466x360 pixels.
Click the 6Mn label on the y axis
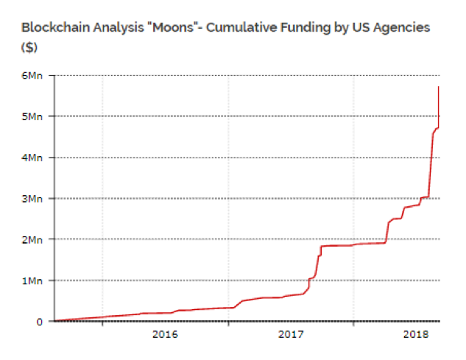pos(32,76)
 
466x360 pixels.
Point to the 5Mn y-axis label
pos(32,116)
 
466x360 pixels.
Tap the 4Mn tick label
pos(32,158)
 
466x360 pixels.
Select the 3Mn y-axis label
pos(32,199)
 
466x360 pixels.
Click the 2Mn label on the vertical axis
pos(32,239)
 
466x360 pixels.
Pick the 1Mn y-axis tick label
pos(32,280)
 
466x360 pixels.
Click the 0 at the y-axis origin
pos(40,322)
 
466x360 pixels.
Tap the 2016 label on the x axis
pos(165,334)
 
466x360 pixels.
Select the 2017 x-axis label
pos(291,334)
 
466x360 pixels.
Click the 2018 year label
pos(416,334)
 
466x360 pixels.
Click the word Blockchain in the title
pos(55,27)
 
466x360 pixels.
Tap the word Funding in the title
pos(306,28)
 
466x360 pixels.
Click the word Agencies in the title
pos(402,28)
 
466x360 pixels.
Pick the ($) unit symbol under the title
pos(29,47)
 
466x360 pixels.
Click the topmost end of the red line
pos(438,87)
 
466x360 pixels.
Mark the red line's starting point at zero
pos(55,321)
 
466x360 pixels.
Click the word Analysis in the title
pos(119,28)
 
